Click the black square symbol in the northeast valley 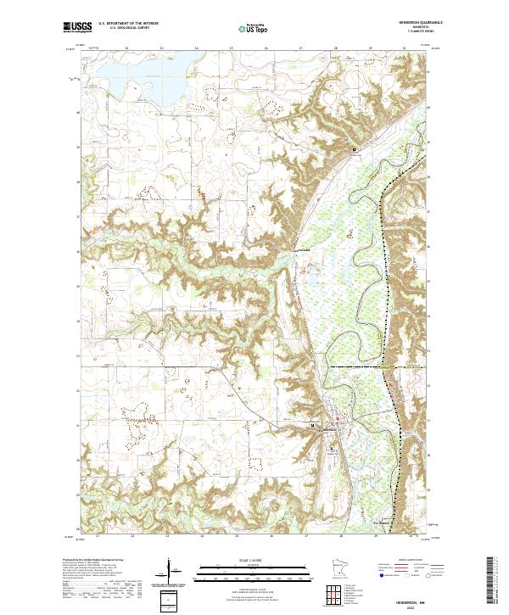[x=355, y=151]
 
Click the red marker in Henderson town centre [x=338, y=420]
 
